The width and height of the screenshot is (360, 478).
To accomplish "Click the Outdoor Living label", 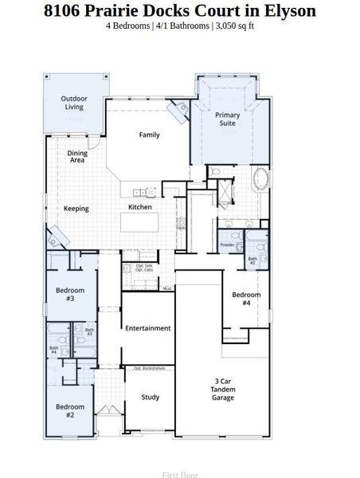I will click(x=74, y=103).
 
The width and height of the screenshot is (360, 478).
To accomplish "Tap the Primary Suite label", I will click(x=227, y=119).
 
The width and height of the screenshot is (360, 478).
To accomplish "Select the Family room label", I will click(x=149, y=135).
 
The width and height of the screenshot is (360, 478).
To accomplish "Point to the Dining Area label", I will click(x=77, y=156).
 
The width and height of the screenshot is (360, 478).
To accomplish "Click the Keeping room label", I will click(x=76, y=209).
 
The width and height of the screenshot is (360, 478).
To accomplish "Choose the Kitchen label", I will click(x=140, y=207).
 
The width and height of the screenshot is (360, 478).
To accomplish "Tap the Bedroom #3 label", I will click(x=69, y=295).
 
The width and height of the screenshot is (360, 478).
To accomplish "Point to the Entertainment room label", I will click(x=148, y=328).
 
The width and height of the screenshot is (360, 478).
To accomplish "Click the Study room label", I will click(x=151, y=397).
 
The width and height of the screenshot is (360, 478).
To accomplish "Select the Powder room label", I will click(x=227, y=245).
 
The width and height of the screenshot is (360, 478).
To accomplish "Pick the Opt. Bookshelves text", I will click(x=148, y=368).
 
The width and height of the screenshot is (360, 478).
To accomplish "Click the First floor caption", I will click(x=180, y=475).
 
